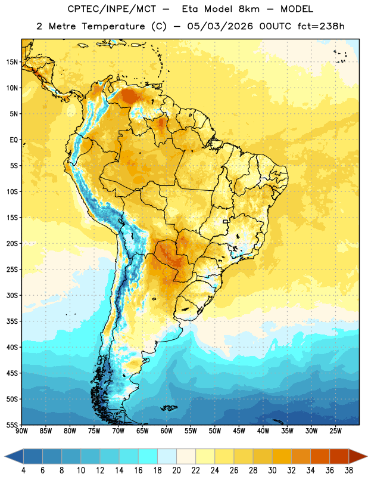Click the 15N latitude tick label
click(x=12, y=62)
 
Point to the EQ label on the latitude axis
click(x=14, y=140)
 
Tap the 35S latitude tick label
click(x=12, y=321)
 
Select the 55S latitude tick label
click(x=12, y=425)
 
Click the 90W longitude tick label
click(x=21, y=430)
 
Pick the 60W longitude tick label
click(x=167, y=430)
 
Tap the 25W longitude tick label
click(x=335, y=430)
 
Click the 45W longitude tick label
click(x=239, y=430)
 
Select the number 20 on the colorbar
click(x=176, y=470)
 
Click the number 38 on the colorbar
click(x=349, y=470)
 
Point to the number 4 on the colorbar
click(x=23, y=470)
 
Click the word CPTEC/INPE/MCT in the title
click(x=112, y=9)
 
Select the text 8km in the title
click(x=249, y=9)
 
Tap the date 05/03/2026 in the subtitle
click(x=220, y=26)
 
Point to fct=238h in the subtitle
click(x=321, y=26)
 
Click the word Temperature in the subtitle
click(x=113, y=27)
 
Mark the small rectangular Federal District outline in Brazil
click(x=226, y=221)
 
